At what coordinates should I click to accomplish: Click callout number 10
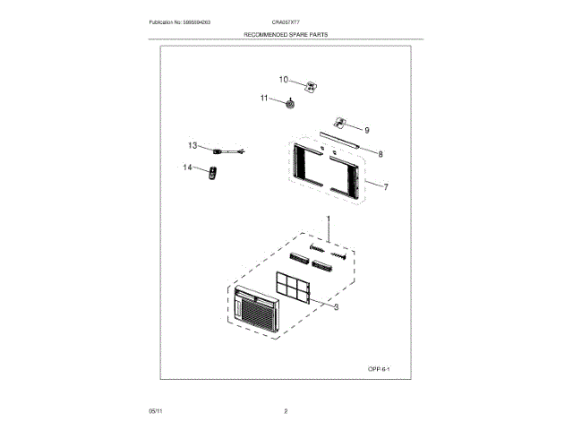[x=284, y=81]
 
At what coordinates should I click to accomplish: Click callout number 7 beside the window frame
[x=386, y=187]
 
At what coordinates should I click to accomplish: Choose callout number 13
[x=192, y=145]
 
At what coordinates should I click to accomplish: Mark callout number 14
[x=188, y=167]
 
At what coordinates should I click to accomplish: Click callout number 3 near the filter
[x=335, y=307]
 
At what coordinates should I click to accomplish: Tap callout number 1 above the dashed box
[x=328, y=219]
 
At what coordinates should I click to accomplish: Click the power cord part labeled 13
[x=224, y=152]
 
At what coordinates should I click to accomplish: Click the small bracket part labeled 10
[x=311, y=86]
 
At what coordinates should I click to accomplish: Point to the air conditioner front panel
[x=254, y=312]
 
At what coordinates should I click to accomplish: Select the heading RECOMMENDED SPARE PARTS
[x=286, y=34]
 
